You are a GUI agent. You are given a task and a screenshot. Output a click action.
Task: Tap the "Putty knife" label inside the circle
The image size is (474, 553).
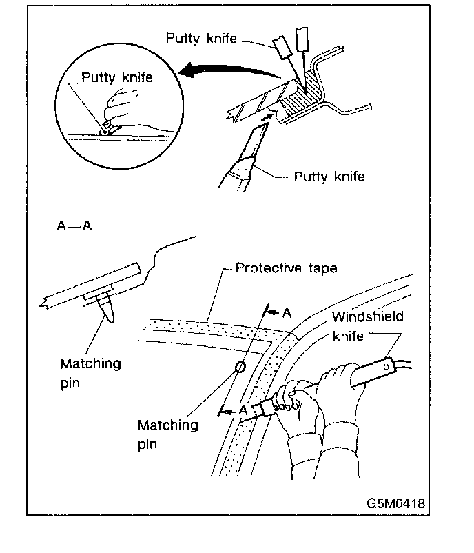pyautogui.click(x=117, y=77)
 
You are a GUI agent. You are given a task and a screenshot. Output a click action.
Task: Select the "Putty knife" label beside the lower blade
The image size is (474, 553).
pyautogui.click(x=329, y=177)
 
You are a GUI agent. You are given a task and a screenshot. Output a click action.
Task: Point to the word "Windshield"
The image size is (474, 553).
pyautogui.click(x=367, y=317)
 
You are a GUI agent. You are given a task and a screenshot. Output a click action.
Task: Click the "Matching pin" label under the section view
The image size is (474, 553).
pyautogui.click(x=90, y=372)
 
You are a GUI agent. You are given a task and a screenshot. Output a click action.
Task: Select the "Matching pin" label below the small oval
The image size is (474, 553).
pyautogui.click(x=167, y=434)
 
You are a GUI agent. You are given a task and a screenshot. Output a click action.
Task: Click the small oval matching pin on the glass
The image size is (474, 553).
pyautogui.click(x=240, y=366)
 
